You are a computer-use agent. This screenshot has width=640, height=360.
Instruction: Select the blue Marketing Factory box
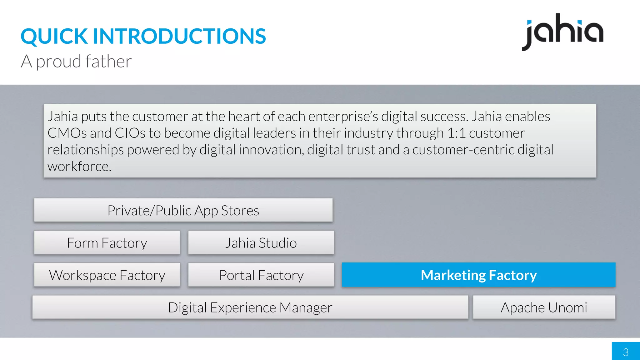(x=478, y=275)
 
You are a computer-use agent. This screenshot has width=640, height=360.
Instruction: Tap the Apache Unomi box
(x=544, y=307)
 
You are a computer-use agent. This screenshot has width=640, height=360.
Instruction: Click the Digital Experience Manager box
(x=250, y=307)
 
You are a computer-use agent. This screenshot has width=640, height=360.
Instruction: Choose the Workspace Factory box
(x=107, y=275)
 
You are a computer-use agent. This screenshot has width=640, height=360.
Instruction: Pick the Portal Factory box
(x=261, y=275)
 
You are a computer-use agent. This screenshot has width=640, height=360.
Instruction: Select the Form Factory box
(x=107, y=243)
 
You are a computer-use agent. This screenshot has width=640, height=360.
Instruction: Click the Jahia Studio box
(x=261, y=243)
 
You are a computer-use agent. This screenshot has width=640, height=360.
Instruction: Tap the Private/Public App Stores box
(x=183, y=210)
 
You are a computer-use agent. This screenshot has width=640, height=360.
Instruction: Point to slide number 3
(x=626, y=352)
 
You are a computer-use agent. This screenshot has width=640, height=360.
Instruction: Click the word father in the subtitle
(x=108, y=61)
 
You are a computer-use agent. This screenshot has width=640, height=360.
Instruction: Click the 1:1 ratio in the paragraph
(x=456, y=133)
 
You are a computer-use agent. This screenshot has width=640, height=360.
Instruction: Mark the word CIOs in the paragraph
(x=130, y=133)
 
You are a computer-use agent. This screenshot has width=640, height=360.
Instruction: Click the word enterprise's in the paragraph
(x=343, y=117)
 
